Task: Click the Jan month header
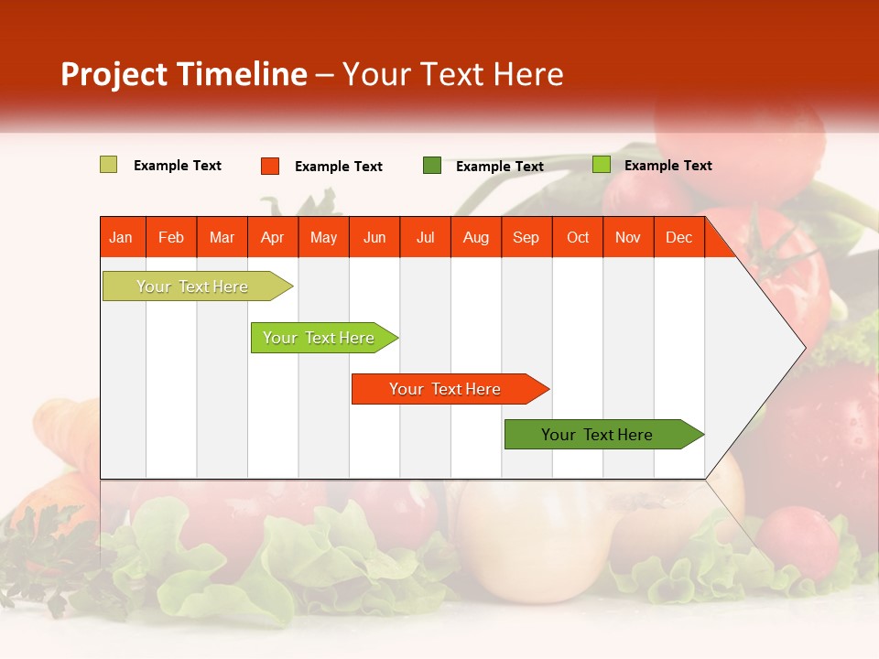pyautogui.click(x=121, y=238)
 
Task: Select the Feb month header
pyautogui.click(x=171, y=238)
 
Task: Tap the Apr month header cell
pyautogui.click(x=272, y=238)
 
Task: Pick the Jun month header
pyautogui.click(x=374, y=238)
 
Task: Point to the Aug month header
pyautogui.click(x=475, y=238)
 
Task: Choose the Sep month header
pyautogui.click(x=526, y=238)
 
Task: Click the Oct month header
pyautogui.click(x=578, y=238)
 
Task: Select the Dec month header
pyautogui.click(x=678, y=238)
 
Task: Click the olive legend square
pyautogui.click(x=108, y=165)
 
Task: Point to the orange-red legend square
pyautogui.click(x=269, y=166)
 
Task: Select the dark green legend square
pyautogui.click(x=432, y=166)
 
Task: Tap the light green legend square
pyautogui.click(x=601, y=165)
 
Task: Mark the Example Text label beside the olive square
pyautogui.click(x=178, y=166)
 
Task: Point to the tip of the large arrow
pyautogui.click(x=803, y=348)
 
